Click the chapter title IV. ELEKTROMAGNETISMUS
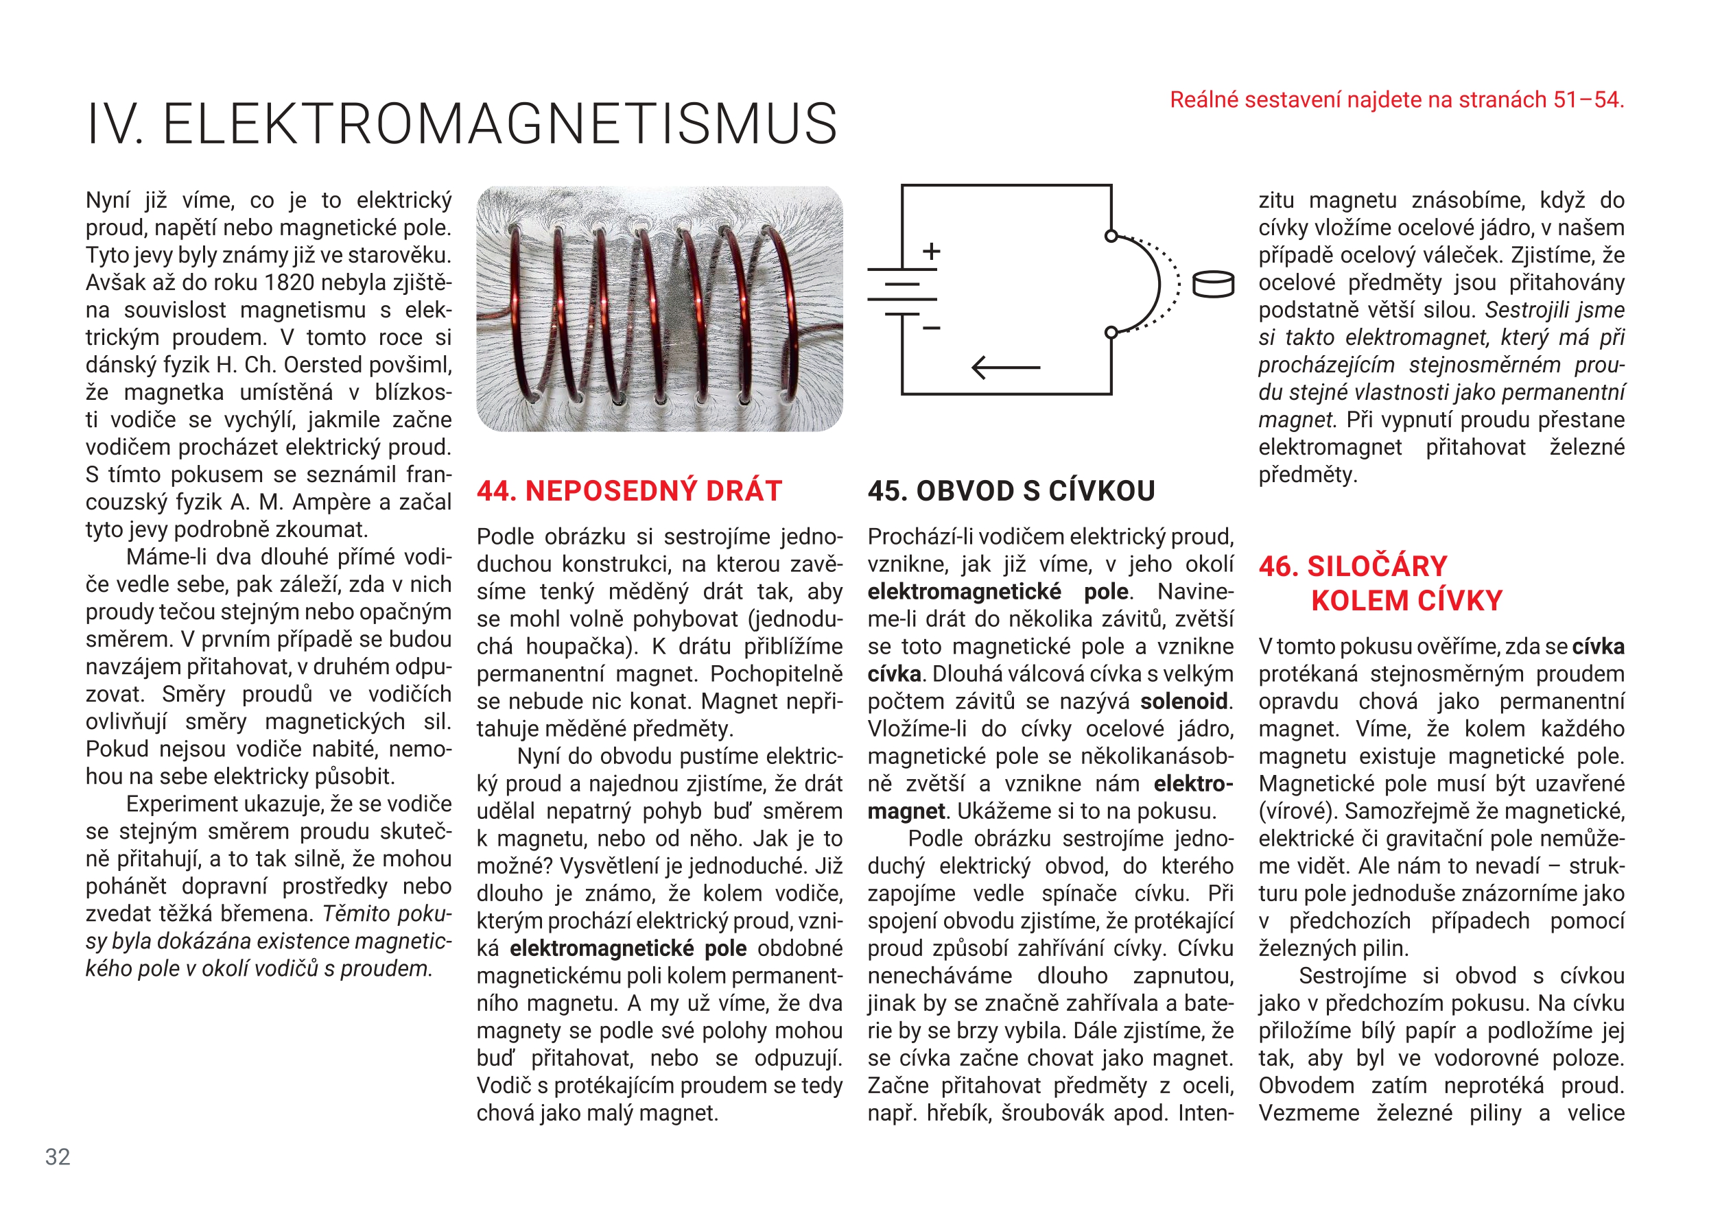click(462, 123)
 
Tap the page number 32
click(58, 1156)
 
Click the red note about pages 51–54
click(1396, 99)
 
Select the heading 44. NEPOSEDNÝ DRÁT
click(629, 491)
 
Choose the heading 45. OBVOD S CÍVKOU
click(1011, 491)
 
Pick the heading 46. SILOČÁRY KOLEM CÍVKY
click(1381, 584)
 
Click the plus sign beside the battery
click(931, 252)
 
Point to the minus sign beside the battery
click(931, 327)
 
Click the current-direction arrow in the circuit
click(1006, 368)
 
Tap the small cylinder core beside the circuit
click(1213, 285)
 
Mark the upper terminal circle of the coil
click(1111, 236)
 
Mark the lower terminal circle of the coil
click(1111, 333)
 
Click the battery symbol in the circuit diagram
click(902, 291)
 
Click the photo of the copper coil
click(659, 309)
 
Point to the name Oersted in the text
click(327, 366)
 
